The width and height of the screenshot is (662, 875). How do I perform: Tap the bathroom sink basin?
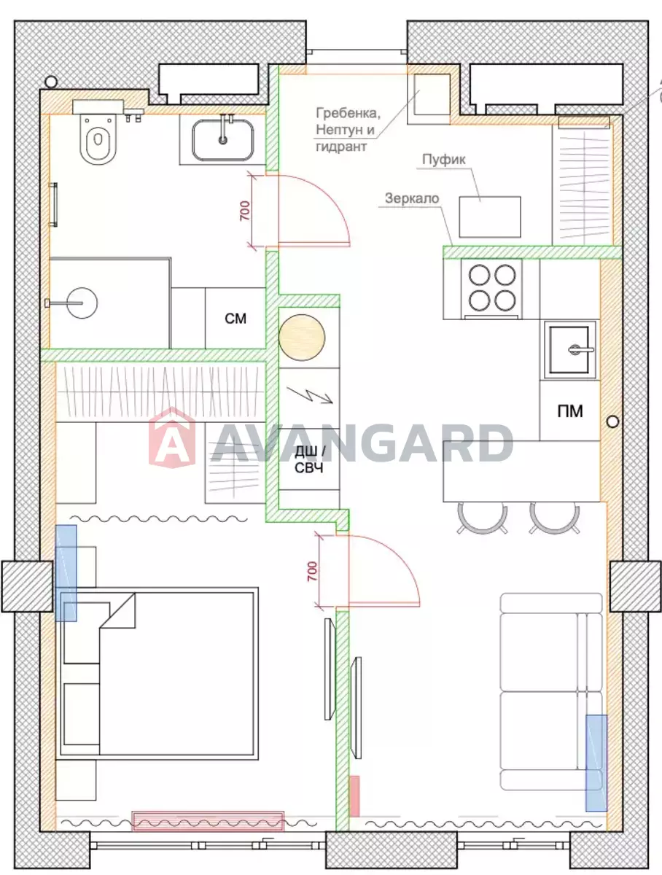coord(223,139)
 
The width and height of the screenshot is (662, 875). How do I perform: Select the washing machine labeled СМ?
coord(235,318)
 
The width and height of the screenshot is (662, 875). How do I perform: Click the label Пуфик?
coord(443,160)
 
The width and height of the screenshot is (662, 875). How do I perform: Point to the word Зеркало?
coord(412,198)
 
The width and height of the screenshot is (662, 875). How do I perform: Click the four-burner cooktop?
coord(492,289)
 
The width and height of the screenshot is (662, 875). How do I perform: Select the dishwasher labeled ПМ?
coord(570,411)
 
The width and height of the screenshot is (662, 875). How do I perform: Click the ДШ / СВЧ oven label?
coord(309,459)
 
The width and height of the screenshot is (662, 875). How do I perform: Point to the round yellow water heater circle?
coord(302,338)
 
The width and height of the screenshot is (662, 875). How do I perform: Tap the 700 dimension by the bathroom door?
coord(245,211)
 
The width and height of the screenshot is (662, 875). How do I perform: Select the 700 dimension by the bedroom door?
coord(313,571)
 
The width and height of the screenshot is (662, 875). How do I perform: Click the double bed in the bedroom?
coord(157,673)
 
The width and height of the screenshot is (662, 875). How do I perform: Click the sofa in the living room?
coord(551,692)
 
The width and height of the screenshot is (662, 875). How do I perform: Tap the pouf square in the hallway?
coord(490,217)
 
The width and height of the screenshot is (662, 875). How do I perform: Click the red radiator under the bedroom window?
coord(208,821)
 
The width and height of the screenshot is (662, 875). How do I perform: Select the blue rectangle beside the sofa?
coord(596,763)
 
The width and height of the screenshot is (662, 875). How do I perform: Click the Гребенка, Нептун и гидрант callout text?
coord(348,130)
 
